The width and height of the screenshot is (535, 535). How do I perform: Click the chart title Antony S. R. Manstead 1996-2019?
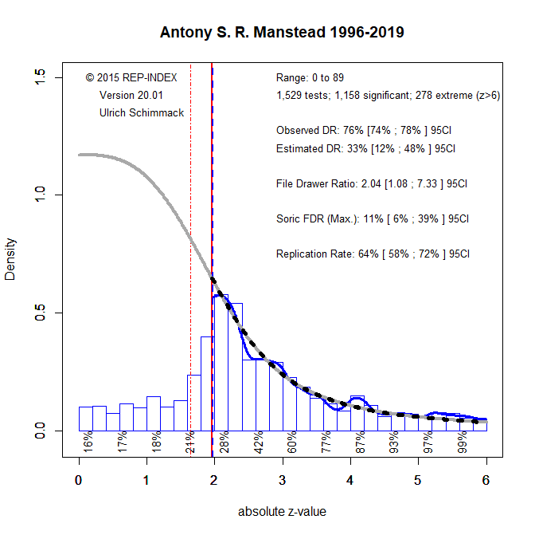tap(282, 33)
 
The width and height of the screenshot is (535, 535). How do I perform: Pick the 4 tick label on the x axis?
tap(350, 481)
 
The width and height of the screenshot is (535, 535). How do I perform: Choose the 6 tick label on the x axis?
tap(486, 481)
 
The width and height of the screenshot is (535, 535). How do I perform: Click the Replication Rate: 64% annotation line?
tap(373, 254)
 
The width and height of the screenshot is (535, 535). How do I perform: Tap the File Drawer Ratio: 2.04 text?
tap(372, 183)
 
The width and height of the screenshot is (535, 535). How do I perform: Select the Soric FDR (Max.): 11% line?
tap(372, 218)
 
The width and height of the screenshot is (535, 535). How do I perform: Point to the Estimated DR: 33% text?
tap(365, 148)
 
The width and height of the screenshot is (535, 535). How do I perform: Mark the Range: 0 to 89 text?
tap(310, 77)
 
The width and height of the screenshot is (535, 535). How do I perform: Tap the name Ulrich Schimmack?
tap(142, 112)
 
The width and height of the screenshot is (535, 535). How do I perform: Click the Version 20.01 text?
tap(131, 95)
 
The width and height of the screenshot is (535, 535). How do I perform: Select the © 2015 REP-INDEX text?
tap(131, 77)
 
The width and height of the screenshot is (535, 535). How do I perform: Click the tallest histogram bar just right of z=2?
tap(221, 363)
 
